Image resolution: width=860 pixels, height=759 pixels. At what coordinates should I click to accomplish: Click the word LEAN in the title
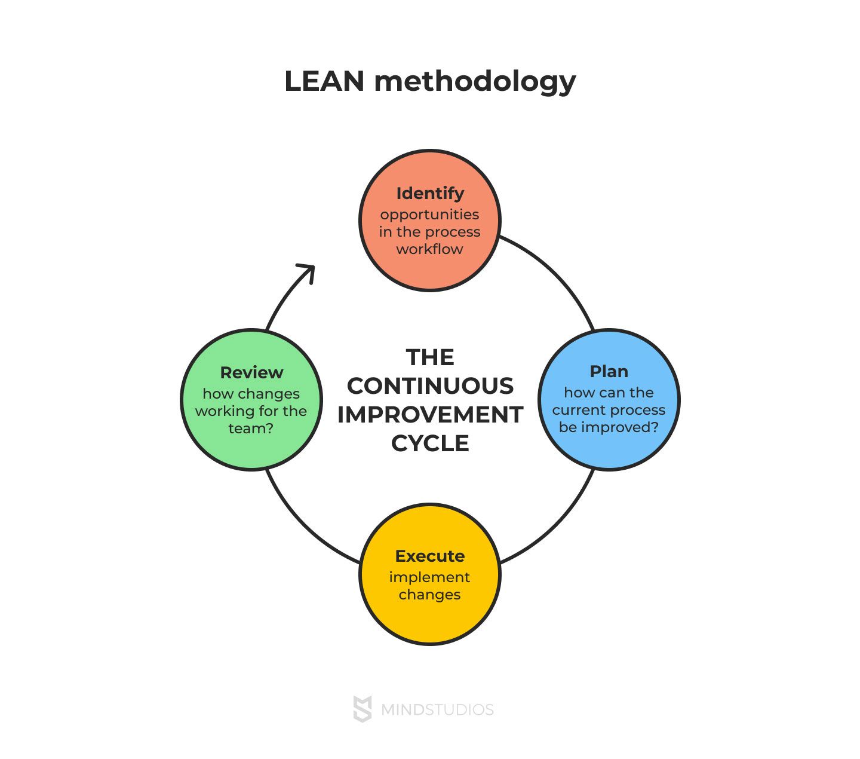(x=324, y=81)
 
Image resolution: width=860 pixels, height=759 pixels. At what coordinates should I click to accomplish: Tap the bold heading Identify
(x=430, y=193)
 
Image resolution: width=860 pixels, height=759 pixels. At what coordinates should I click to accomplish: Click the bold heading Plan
(x=609, y=371)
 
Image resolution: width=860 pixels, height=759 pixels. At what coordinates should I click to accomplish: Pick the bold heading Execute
(x=430, y=556)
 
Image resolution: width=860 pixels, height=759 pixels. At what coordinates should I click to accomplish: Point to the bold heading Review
(x=251, y=372)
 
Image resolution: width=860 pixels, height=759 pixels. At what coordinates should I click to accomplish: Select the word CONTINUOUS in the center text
(x=430, y=386)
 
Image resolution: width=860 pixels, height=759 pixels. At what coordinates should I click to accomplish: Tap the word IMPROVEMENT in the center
(x=430, y=415)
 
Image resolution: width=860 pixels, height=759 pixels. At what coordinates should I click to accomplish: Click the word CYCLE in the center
(x=430, y=443)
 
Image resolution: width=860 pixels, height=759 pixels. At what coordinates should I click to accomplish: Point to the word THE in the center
(x=430, y=357)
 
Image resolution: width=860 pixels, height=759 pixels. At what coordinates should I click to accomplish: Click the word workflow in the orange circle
(x=429, y=249)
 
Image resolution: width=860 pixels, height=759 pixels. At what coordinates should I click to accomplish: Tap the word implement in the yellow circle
(x=429, y=577)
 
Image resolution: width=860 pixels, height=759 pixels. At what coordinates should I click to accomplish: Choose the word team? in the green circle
(x=251, y=429)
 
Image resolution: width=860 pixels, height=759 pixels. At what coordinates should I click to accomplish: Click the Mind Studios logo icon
(x=363, y=709)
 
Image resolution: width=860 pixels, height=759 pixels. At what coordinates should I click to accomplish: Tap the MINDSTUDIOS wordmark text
(x=437, y=710)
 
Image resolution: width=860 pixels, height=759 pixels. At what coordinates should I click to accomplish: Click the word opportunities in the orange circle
(x=429, y=215)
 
